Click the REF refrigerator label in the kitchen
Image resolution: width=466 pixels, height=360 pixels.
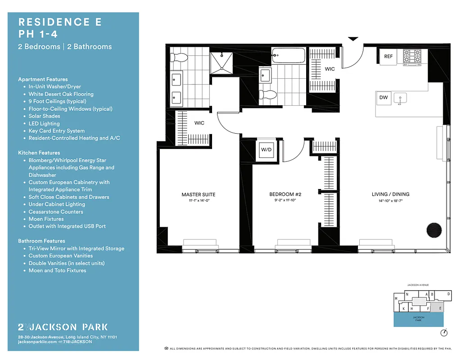point(388,57)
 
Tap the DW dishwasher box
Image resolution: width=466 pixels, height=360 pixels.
point(383,97)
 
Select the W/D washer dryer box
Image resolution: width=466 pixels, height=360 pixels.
point(267,150)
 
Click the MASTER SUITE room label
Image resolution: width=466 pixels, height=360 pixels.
point(198,194)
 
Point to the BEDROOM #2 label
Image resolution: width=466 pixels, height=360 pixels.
point(285,194)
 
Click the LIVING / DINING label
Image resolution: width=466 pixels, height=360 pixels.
point(390,194)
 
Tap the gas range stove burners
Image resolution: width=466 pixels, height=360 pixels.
point(412,57)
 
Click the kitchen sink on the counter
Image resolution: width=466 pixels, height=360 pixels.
point(400,98)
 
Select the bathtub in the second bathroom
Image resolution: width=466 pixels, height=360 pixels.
point(288,55)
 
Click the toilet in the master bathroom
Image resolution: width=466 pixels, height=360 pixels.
point(180,57)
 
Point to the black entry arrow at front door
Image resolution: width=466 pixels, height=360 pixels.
point(353,40)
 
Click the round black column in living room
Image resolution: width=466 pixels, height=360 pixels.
point(435,229)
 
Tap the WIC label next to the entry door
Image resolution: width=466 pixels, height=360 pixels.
point(330,69)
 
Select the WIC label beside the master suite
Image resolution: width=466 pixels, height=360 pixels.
point(199,123)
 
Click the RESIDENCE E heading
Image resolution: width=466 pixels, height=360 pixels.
point(59,22)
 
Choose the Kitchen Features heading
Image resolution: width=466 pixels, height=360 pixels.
point(39,153)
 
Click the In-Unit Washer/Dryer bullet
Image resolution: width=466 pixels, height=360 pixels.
point(54,86)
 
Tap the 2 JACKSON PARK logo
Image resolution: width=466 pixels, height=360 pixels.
point(63,327)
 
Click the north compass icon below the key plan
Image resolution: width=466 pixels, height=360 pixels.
point(444,333)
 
